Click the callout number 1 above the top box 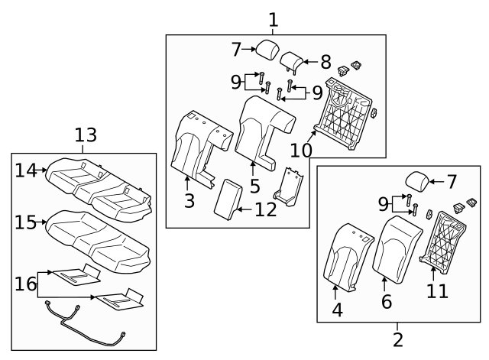[274, 18]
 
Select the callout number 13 [86, 135]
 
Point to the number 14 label [27, 170]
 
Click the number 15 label [27, 222]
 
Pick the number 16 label [27, 284]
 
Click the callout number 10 [300, 151]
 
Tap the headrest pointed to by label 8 [293, 60]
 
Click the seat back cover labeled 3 [195, 144]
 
